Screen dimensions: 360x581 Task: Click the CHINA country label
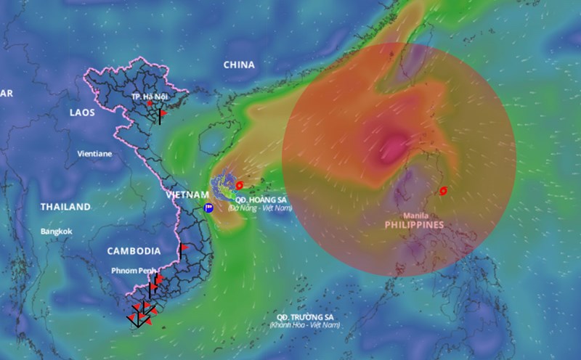(x=239, y=65)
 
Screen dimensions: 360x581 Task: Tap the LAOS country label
(x=82, y=112)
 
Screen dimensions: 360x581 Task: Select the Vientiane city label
(x=94, y=154)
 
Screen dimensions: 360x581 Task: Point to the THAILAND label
(x=65, y=207)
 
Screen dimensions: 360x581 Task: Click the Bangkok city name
(x=57, y=232)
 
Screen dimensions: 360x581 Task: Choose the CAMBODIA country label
(x=134, y=251)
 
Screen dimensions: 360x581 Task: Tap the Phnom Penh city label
(x=133, y=271)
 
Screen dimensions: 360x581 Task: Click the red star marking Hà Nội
(x=150, y=104)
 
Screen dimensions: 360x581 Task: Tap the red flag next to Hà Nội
(x=163, y=113)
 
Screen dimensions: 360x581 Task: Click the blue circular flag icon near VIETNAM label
(x=208, y=208)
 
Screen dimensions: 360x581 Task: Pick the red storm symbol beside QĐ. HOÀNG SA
(x=240, y=185)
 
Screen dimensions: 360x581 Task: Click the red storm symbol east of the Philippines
(x=443, y=191)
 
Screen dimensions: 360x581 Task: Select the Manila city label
(x=415, y=216)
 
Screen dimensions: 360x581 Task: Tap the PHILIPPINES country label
(x=414, y=225)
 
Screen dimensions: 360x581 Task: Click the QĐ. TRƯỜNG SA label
(x=304, y=318)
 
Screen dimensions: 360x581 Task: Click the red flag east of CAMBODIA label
(x=184, y=247)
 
